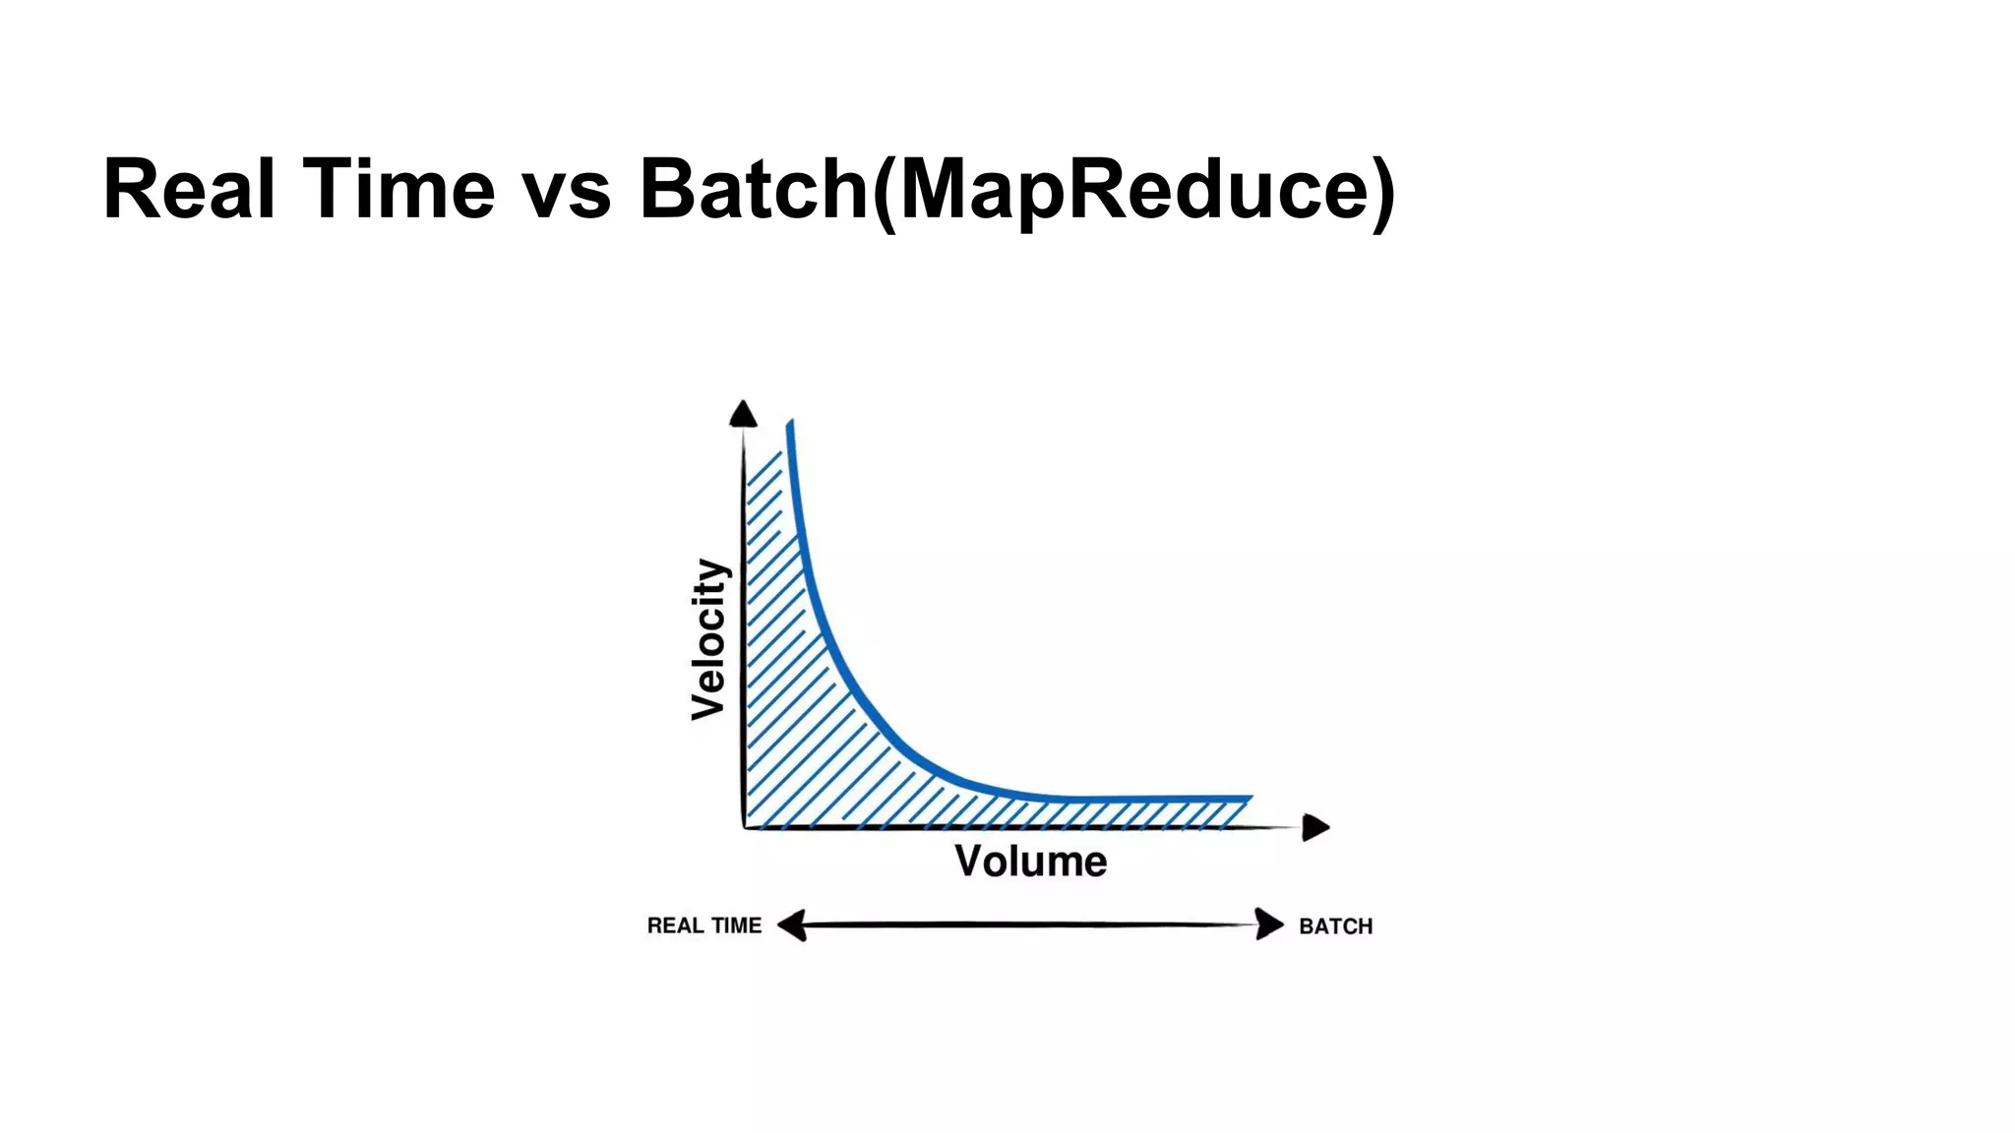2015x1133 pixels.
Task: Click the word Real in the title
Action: click(188, 189)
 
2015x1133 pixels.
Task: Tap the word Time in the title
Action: click(398, 189)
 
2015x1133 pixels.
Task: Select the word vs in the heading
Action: click(567, 189)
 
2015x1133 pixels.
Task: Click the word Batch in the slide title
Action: click(754, 189)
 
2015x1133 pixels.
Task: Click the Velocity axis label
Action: click(709, 639)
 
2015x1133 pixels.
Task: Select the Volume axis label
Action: click(1030, 862)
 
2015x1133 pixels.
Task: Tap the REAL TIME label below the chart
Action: click(703, 925)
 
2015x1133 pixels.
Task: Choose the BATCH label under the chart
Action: click(1335, 926)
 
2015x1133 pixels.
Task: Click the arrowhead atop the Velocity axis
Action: click(743, 414)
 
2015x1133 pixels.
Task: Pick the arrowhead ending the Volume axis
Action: click(1314, 827)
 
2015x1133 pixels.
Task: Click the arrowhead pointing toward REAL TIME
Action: click(792, 925)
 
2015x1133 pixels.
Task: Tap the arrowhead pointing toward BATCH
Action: click(1269, 924)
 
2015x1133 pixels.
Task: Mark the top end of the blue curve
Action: click(790, 425)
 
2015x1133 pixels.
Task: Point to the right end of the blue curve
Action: click(1250, 798)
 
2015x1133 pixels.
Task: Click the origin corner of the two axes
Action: click(746, 826)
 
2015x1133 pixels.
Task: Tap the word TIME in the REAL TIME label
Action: click(737, 925)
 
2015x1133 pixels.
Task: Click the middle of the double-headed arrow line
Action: click(1030, 924)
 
